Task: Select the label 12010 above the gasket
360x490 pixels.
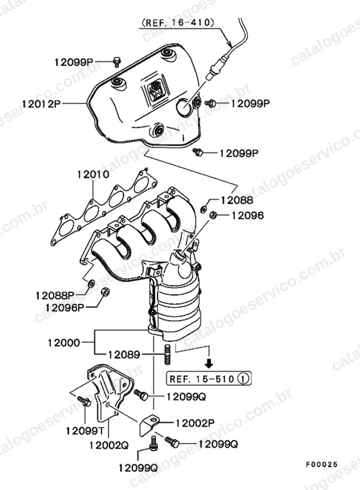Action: click(93, 174)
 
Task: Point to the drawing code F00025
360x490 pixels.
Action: click(322, 464)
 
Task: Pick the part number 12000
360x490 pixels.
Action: click(64, 342)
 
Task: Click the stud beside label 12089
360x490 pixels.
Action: click(167, 354)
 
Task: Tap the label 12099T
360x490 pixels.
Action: click(85, 431)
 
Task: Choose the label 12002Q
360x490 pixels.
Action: click(109, 445)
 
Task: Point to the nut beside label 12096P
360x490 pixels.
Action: click(105, 292)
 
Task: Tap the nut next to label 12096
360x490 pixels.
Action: click(213, 215)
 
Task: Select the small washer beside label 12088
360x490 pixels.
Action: click(203, 209)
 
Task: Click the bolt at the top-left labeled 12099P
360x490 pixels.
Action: click(116, 62)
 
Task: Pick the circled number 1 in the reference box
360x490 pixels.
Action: click(243, 379)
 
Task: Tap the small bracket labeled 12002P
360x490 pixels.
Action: click(148, 424)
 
